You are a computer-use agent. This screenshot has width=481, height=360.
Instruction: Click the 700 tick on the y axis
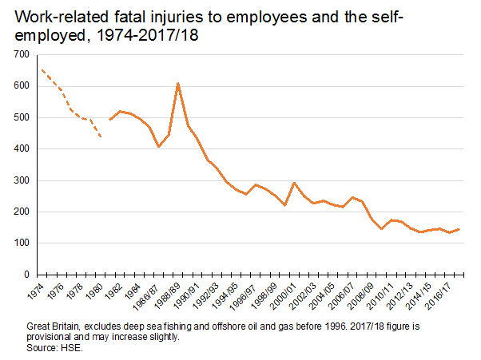coord(22,55)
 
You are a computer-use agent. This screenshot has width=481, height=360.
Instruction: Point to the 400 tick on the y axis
coord(22,149)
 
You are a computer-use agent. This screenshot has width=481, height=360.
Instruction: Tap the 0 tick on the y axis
coord(26,275)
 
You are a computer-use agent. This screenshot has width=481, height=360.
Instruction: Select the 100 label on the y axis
coord(22,243)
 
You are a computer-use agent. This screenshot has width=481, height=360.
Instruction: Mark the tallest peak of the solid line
coord(178,83)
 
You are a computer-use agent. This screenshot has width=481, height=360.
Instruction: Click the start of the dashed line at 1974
coord(42,70)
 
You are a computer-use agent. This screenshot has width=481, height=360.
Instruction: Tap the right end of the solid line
coord(458,229)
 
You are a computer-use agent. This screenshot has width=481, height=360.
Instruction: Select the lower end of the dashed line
coord(101,137)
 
